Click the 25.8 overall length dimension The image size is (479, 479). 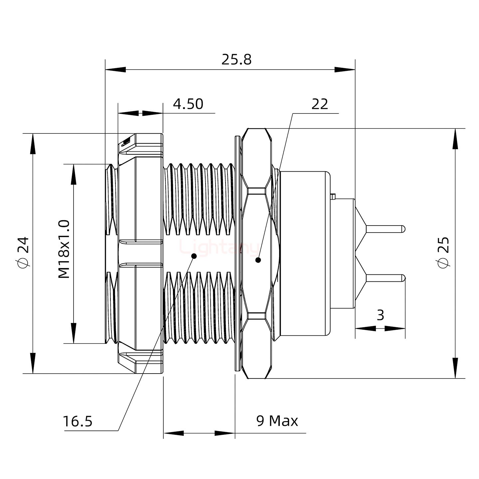tap(237, 60)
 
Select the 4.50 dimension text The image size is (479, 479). tap(188, 104)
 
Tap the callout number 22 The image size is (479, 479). tap(320, 104)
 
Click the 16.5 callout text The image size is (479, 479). tap(78, 422)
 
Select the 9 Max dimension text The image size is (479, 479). tap(277, 421)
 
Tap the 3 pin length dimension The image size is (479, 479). tap(381, 315)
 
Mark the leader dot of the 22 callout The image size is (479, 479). tap(258, 260)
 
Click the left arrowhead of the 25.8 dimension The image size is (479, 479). tap(115, 70)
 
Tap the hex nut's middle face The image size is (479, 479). tap(256, 253)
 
